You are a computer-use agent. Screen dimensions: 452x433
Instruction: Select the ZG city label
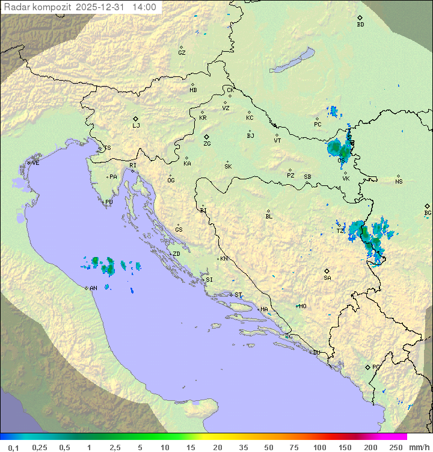207,144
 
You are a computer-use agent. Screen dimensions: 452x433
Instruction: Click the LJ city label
136,125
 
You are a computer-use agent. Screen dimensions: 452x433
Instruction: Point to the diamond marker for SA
327,271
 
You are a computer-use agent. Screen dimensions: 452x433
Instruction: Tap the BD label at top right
360,25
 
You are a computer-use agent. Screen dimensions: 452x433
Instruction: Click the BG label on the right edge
428,212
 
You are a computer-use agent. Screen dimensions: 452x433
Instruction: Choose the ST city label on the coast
238,295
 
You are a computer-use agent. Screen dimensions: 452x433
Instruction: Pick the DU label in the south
316,352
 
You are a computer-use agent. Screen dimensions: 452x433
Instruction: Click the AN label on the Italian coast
93,288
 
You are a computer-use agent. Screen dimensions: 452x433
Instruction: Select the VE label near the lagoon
35,163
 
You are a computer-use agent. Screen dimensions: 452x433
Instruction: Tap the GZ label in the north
182,53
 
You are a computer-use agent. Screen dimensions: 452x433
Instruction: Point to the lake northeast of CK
292,61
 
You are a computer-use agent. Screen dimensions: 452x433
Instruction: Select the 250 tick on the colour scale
396,447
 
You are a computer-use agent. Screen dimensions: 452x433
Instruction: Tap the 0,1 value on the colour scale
13,447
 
